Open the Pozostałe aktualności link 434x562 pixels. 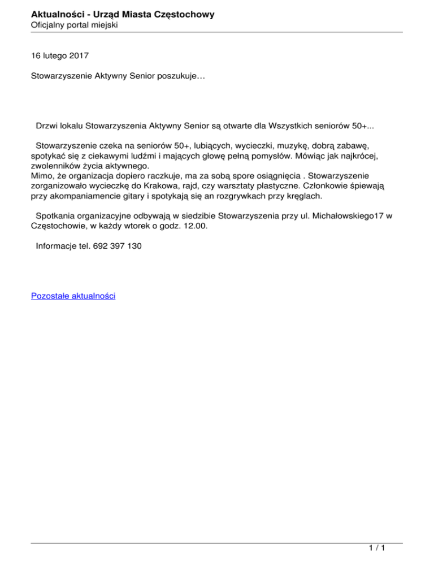[73, 296]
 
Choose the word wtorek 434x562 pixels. [134, 226]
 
